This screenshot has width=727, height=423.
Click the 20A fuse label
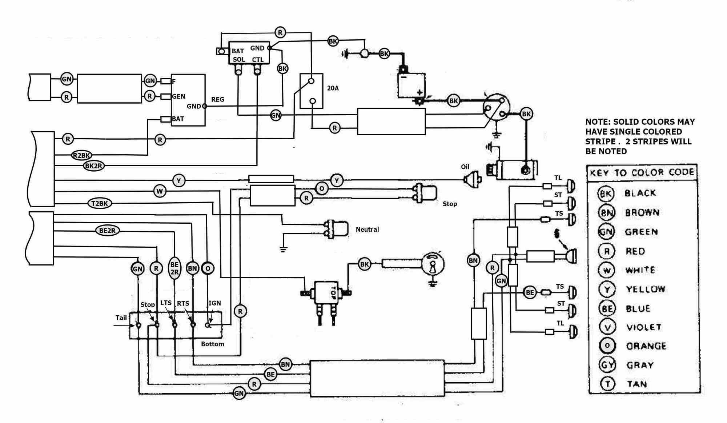click(x=333, y=88)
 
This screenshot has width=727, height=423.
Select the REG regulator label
click(x=217, y=99)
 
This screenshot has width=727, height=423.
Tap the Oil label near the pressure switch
click(x=465, y=167)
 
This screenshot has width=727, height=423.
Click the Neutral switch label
click(x=367, y=230)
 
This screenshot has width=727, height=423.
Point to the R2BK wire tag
click(x=81, y=156)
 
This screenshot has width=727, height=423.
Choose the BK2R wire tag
click(x=94, y=166)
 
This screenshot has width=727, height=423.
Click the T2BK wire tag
click(x=99, y=203)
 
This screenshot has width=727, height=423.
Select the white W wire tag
click(x=160, y=191)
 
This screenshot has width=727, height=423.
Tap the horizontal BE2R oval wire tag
click(x=107, y=231)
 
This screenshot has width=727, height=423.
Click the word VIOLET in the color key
click(x=643, y=327)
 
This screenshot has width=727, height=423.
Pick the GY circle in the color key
click(x=607, y=365)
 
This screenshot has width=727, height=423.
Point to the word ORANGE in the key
click(x=646, y=346)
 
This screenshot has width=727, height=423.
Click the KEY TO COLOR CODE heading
click(x=642, y=172)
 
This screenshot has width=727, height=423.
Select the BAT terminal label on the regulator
click(x=178, y=119)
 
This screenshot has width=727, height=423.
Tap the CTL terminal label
click(x=257, y=60)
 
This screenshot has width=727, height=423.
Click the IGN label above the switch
click(x=214, y=303)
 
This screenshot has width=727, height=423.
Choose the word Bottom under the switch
click(x=212, y=344)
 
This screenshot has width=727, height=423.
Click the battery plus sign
click(x=419, y=92)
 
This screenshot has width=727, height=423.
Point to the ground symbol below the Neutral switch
click(x=284, y=250)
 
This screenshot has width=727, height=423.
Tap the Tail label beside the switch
click(x=121, y=318)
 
